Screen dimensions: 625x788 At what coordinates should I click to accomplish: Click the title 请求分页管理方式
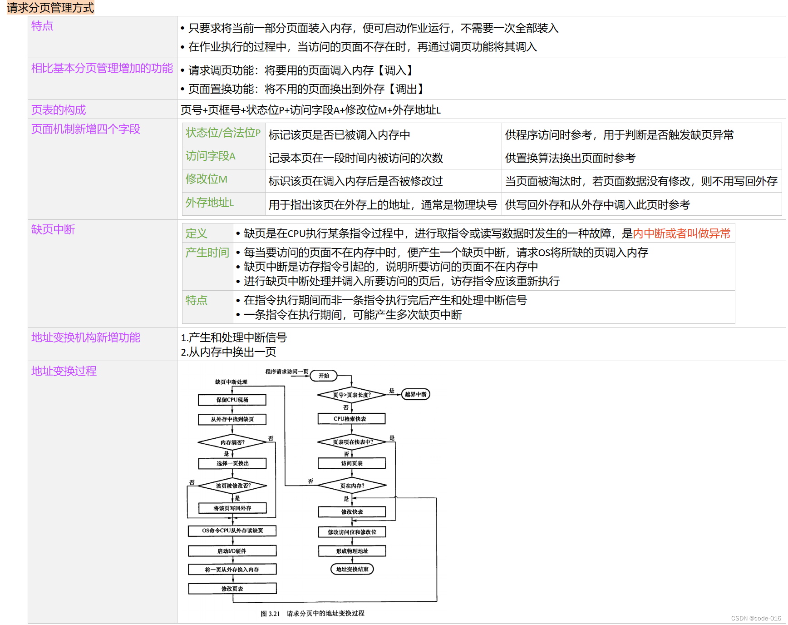coord(50,8)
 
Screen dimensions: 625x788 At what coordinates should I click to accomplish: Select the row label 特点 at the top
coord(42,26)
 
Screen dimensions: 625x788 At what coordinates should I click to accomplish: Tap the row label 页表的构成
coord(59,110)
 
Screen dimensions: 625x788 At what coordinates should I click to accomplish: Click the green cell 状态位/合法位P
coord(223,133)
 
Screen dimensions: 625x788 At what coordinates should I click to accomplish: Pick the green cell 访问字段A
coord(210,156)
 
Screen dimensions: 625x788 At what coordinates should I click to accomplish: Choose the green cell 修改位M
coord(206,179)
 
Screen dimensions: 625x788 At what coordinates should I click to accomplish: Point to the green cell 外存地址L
coord(209,203)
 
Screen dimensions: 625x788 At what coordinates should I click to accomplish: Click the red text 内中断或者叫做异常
coord(681,233)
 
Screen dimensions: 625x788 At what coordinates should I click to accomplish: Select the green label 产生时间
coord(207,253)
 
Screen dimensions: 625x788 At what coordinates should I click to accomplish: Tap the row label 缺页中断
coord(53,229)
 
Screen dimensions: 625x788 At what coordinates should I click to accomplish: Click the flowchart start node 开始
coord(324,376)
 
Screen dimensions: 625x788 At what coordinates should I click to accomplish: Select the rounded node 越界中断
coord(415,394)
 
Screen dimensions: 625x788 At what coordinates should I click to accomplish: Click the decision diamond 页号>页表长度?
coord(352,395)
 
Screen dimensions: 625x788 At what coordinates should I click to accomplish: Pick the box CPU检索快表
coord(351,419)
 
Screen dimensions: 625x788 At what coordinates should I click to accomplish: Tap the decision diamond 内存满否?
coord(232,442)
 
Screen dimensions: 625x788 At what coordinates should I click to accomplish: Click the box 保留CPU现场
coord(232,400)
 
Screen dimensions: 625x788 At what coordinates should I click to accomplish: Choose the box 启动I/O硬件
coord(232,551)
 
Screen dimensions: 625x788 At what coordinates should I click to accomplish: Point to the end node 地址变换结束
coord(352,569)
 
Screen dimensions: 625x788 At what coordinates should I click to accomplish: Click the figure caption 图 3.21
coord(270,614)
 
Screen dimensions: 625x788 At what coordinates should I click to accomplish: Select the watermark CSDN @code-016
coord(756,618)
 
